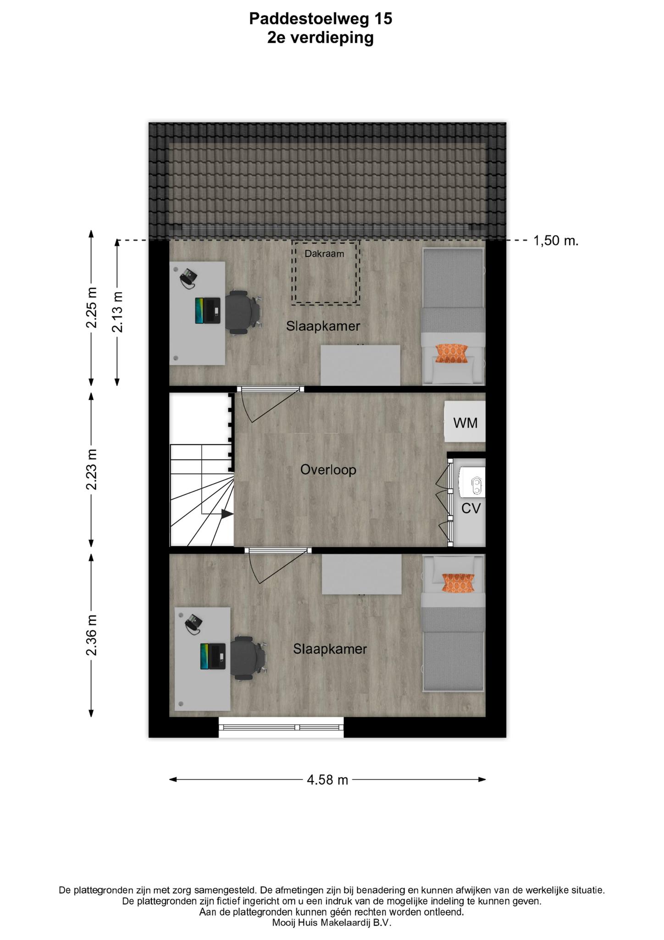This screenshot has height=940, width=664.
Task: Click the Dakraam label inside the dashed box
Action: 324,253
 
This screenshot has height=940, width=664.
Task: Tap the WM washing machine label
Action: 465,423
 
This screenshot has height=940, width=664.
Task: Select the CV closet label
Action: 471,508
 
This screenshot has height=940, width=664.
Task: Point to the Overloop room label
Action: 328,470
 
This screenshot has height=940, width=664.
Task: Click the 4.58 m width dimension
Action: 327,779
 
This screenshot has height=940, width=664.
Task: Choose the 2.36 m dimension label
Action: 92,635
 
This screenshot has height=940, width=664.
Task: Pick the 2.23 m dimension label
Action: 92,469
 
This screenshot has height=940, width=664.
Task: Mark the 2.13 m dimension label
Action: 117,312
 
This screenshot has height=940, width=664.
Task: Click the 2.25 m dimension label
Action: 92,308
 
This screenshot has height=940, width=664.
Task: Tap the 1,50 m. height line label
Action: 556,241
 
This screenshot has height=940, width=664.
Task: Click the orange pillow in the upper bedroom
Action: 452,353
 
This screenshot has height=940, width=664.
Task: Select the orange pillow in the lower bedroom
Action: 458,582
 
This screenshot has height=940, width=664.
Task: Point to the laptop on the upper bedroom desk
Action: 207,310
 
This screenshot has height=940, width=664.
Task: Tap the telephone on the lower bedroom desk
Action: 194,624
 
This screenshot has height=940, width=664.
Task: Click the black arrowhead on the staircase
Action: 227,514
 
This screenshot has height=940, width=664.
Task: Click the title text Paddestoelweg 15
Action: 321,19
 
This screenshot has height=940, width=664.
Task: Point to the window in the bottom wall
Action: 281,727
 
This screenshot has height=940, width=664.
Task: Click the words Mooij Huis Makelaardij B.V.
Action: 332,923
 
